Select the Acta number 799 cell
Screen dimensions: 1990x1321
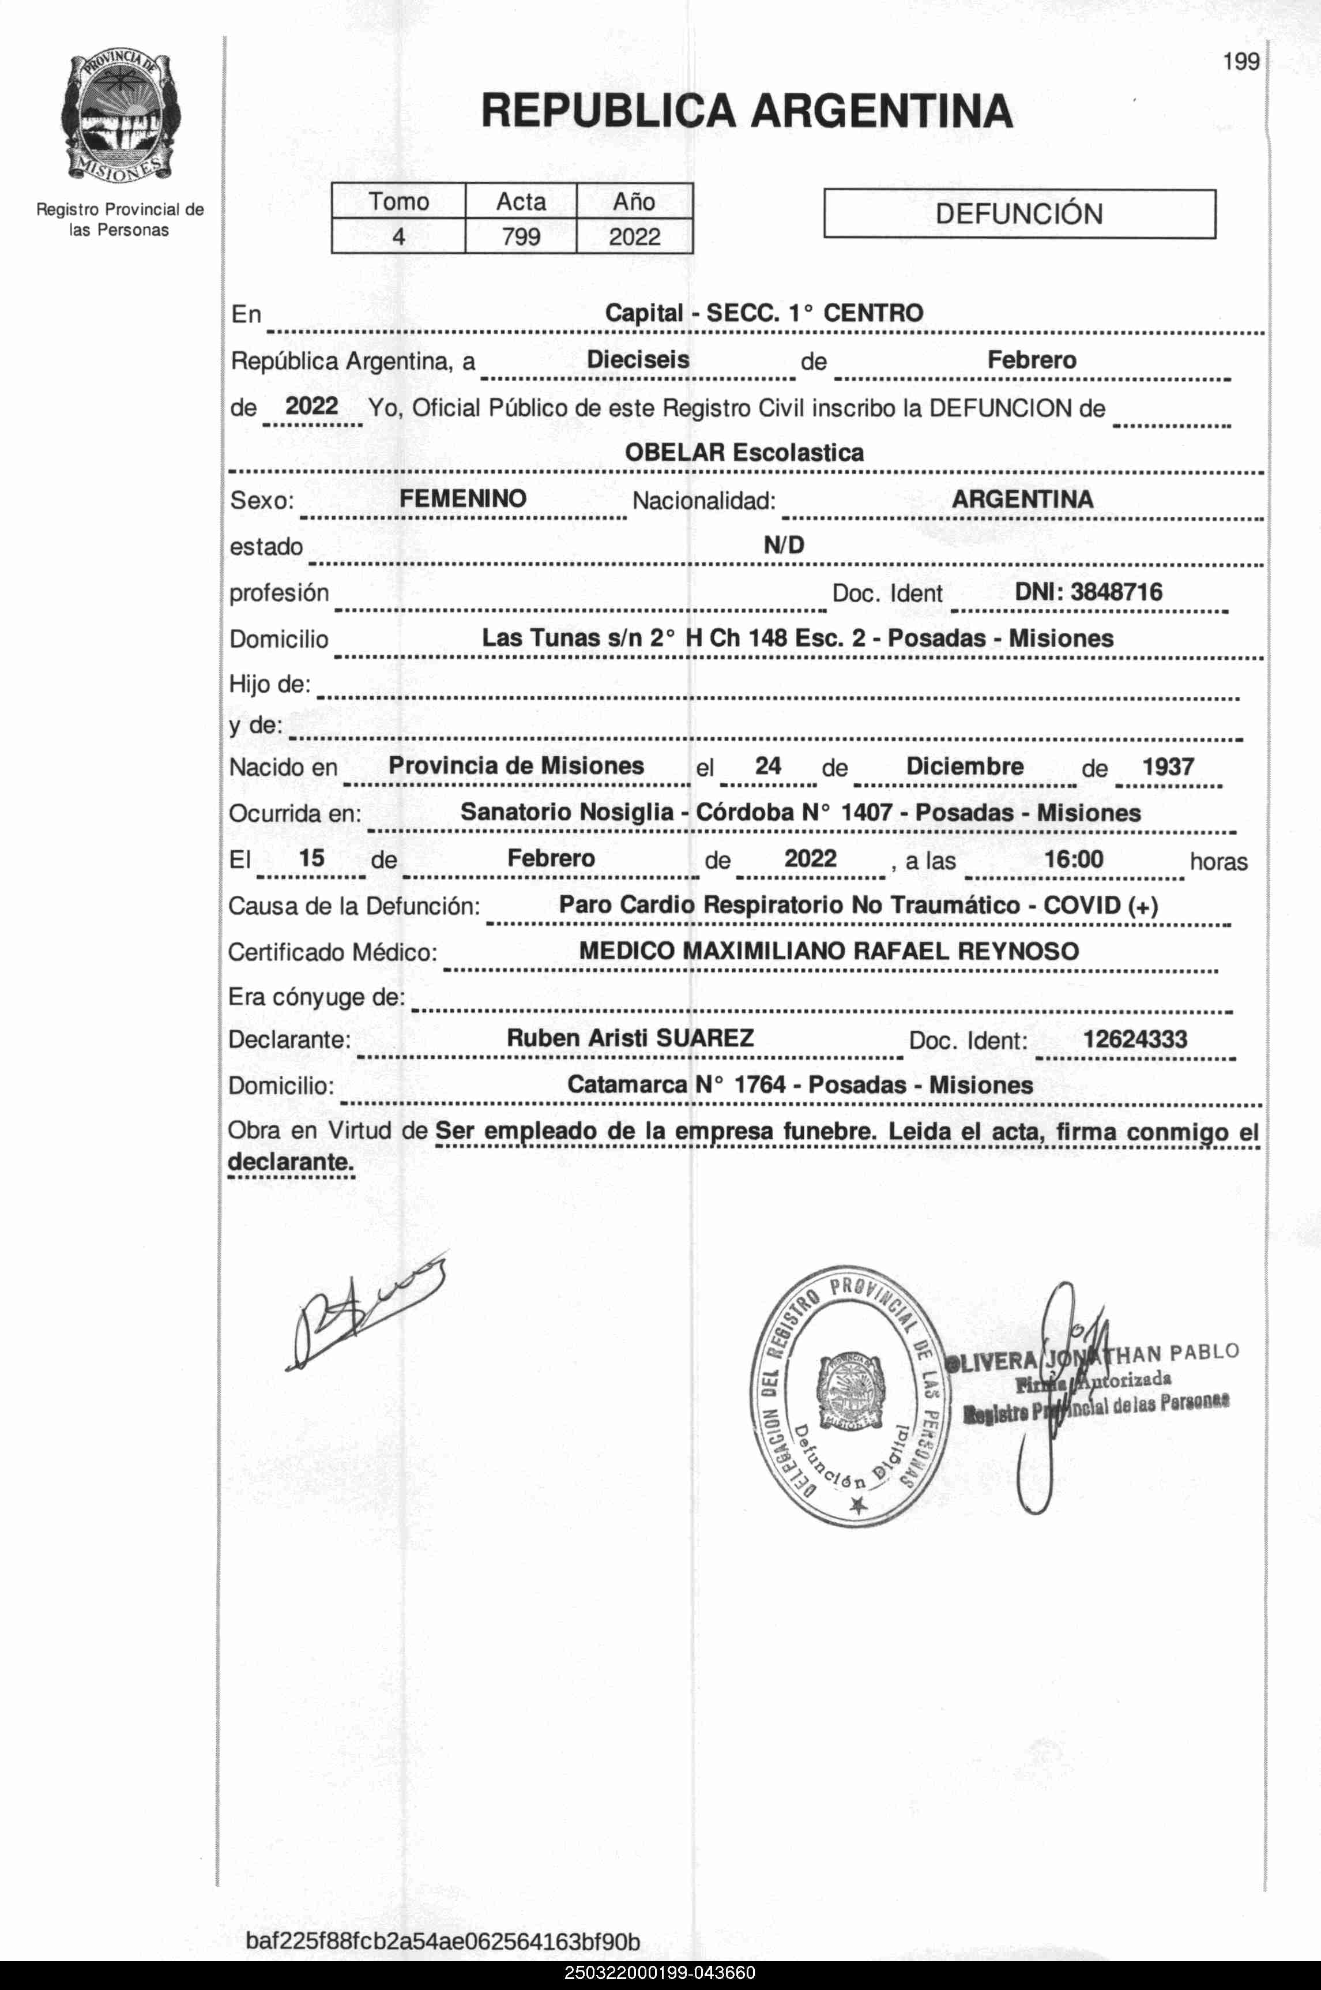(521, 236)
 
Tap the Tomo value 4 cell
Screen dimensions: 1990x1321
(398, 236)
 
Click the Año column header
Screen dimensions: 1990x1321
(634, 201)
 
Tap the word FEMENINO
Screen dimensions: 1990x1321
(462, 499)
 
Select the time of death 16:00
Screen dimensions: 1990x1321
(1073, 859)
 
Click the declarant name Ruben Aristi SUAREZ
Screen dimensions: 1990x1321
(630, 1038)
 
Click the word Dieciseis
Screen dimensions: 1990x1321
(638, 360)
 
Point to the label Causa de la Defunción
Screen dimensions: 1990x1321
(354, 907)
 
